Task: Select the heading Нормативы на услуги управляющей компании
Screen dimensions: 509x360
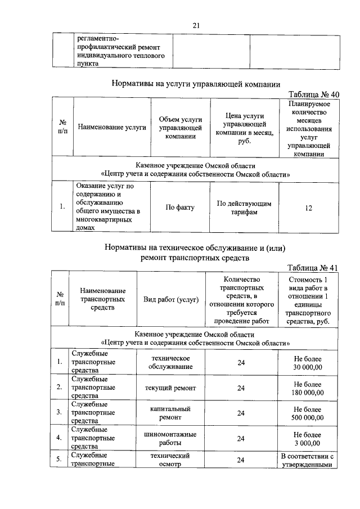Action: point(196,84)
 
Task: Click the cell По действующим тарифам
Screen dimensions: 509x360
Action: point(244,208)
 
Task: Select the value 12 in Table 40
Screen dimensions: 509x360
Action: point(309,208)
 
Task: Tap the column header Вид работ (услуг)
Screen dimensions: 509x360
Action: point(171,300)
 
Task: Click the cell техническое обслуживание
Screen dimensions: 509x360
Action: point(170,363)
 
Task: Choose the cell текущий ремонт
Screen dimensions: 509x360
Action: point(170,388)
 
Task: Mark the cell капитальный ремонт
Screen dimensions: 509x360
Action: point(170,413)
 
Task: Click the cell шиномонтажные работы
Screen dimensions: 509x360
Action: point(170,439)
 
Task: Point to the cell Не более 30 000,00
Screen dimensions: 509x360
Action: point(308,363)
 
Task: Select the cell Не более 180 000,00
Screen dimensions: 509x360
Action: point(308,388)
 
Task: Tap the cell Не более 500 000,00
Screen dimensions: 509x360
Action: point(308,413)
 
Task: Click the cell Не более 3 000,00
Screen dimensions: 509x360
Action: point(308,439)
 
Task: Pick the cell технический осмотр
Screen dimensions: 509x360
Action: point(170,460)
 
